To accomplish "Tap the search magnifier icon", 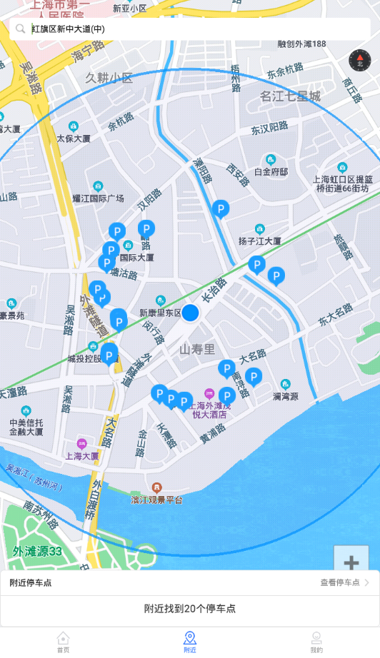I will pyautogui.click(x=20, y=29).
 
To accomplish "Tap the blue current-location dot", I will pyautogui.click(x=190, y=313).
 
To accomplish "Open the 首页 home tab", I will pyautogui.click(x=64, y=642).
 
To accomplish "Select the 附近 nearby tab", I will pyautogui.click(x=190, y=642).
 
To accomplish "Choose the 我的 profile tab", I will pyautogui.click(x=316, y=642).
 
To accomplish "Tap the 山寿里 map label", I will pyautogui.click(x=197, y=349).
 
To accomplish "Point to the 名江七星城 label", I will pyautogui.click(x=290, y=96).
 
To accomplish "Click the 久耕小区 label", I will pyautogui.click(x=109, y=78).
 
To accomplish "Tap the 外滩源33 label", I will pyautogui.click(x=37, y=551).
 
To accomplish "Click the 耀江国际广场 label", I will pyautogui.click(x=99, y=198).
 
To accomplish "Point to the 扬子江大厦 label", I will pyautogui.click(x=260, y=241).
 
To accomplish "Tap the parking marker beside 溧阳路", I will pyautogui.click(x=221, y=209).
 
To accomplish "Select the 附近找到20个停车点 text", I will pyautogui.click(x=190, y=609).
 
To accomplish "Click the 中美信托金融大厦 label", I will pyautogui.click(x=26, y=426).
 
